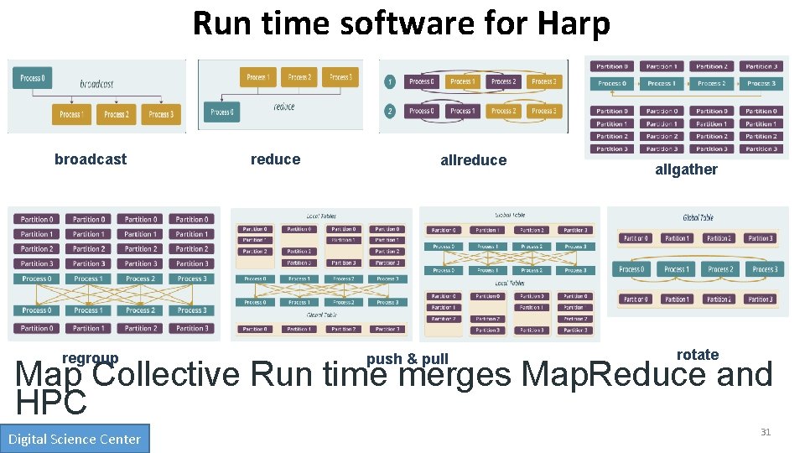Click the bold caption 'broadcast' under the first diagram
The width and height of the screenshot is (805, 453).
91,159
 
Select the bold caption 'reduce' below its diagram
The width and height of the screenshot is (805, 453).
275,159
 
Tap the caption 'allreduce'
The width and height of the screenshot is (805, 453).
473,160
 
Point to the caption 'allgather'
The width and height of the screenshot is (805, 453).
686,169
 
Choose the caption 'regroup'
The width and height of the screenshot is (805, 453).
90,358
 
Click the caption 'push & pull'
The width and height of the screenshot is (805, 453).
408,359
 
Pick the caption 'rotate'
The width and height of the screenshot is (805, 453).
698,355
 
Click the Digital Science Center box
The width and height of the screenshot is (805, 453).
75,439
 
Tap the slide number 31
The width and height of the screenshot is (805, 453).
765,432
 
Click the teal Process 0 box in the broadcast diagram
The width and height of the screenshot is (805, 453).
33,78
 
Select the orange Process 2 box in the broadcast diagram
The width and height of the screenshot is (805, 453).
116,114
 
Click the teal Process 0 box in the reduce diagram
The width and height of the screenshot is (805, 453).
222,112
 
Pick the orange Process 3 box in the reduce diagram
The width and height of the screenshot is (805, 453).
340,77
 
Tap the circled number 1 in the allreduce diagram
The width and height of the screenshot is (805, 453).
390,82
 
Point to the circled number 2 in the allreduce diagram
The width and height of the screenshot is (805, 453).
390,111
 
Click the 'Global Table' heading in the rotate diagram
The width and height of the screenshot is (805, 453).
697,217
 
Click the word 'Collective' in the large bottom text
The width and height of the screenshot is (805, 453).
167,374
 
